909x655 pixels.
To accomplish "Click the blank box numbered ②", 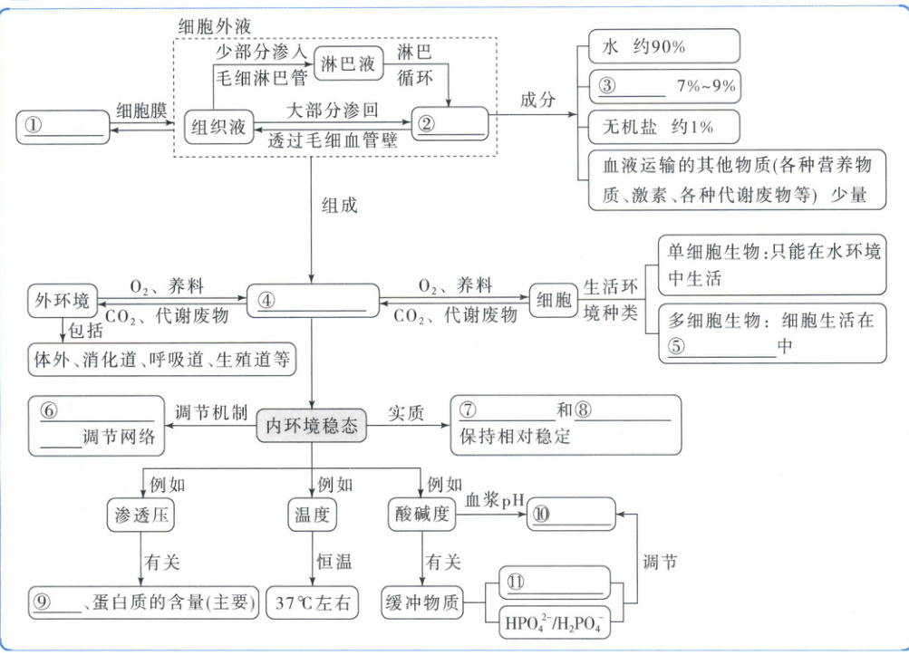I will (x=450, y=123).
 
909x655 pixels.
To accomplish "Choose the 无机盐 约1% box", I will (x=663, y=125).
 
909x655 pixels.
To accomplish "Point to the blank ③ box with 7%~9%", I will (x=663, y=87).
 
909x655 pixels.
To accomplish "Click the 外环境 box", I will (x=63, y=300).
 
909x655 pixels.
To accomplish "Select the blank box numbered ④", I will (x=313, y=300).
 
